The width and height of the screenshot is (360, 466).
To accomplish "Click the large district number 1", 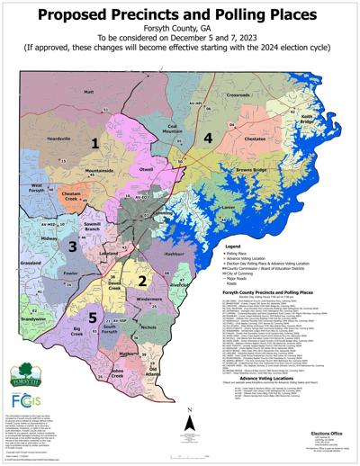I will point(94,143).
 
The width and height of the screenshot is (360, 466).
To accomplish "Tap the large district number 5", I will point(93,318).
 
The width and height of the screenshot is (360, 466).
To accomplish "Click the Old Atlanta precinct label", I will point(152,372).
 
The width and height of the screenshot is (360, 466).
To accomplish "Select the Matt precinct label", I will point(88,92).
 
